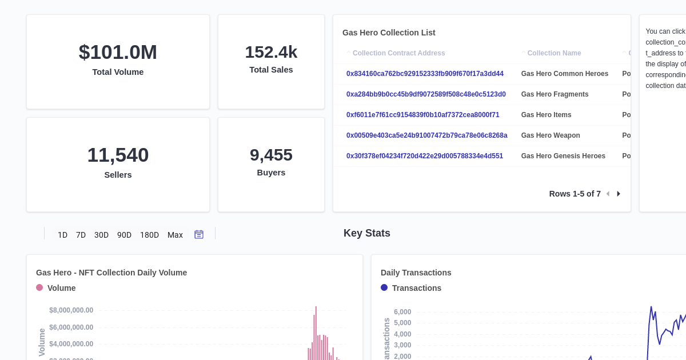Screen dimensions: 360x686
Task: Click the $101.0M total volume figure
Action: [x=118, y=52]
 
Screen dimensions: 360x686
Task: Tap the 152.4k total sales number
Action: [x=271, y=52]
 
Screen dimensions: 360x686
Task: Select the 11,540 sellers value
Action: [x=118, y=155]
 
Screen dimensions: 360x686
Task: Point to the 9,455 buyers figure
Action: [x=271, y=155]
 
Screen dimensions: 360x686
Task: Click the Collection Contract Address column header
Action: [x=398, y=53]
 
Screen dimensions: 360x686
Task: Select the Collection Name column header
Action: [x=554, y=53]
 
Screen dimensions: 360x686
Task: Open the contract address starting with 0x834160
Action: [x=425, y=74]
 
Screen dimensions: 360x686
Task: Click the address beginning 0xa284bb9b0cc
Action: [x=426, y=94]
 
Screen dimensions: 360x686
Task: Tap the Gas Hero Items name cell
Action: [x=546, y=115]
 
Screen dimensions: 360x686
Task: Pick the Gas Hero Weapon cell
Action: [x=551, y=135]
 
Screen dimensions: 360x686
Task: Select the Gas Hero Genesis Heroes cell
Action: [x=563, y=156]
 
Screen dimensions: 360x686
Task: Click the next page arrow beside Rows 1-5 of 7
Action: [x=619, y=194]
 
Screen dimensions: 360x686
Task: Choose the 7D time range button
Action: [x=81, y=235]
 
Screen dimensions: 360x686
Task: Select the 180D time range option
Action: [x=149, y=235]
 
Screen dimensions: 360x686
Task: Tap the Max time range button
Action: [x=175, y=235]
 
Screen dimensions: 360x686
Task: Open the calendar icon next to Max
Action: [x=199, y=234]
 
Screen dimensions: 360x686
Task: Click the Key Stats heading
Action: [x=366, y=233]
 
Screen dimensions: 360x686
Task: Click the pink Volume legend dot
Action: [x=39, y=287]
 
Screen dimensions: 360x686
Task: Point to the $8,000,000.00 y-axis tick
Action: [x=71, y=310]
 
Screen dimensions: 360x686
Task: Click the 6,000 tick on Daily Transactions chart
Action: [x=402, y=312]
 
